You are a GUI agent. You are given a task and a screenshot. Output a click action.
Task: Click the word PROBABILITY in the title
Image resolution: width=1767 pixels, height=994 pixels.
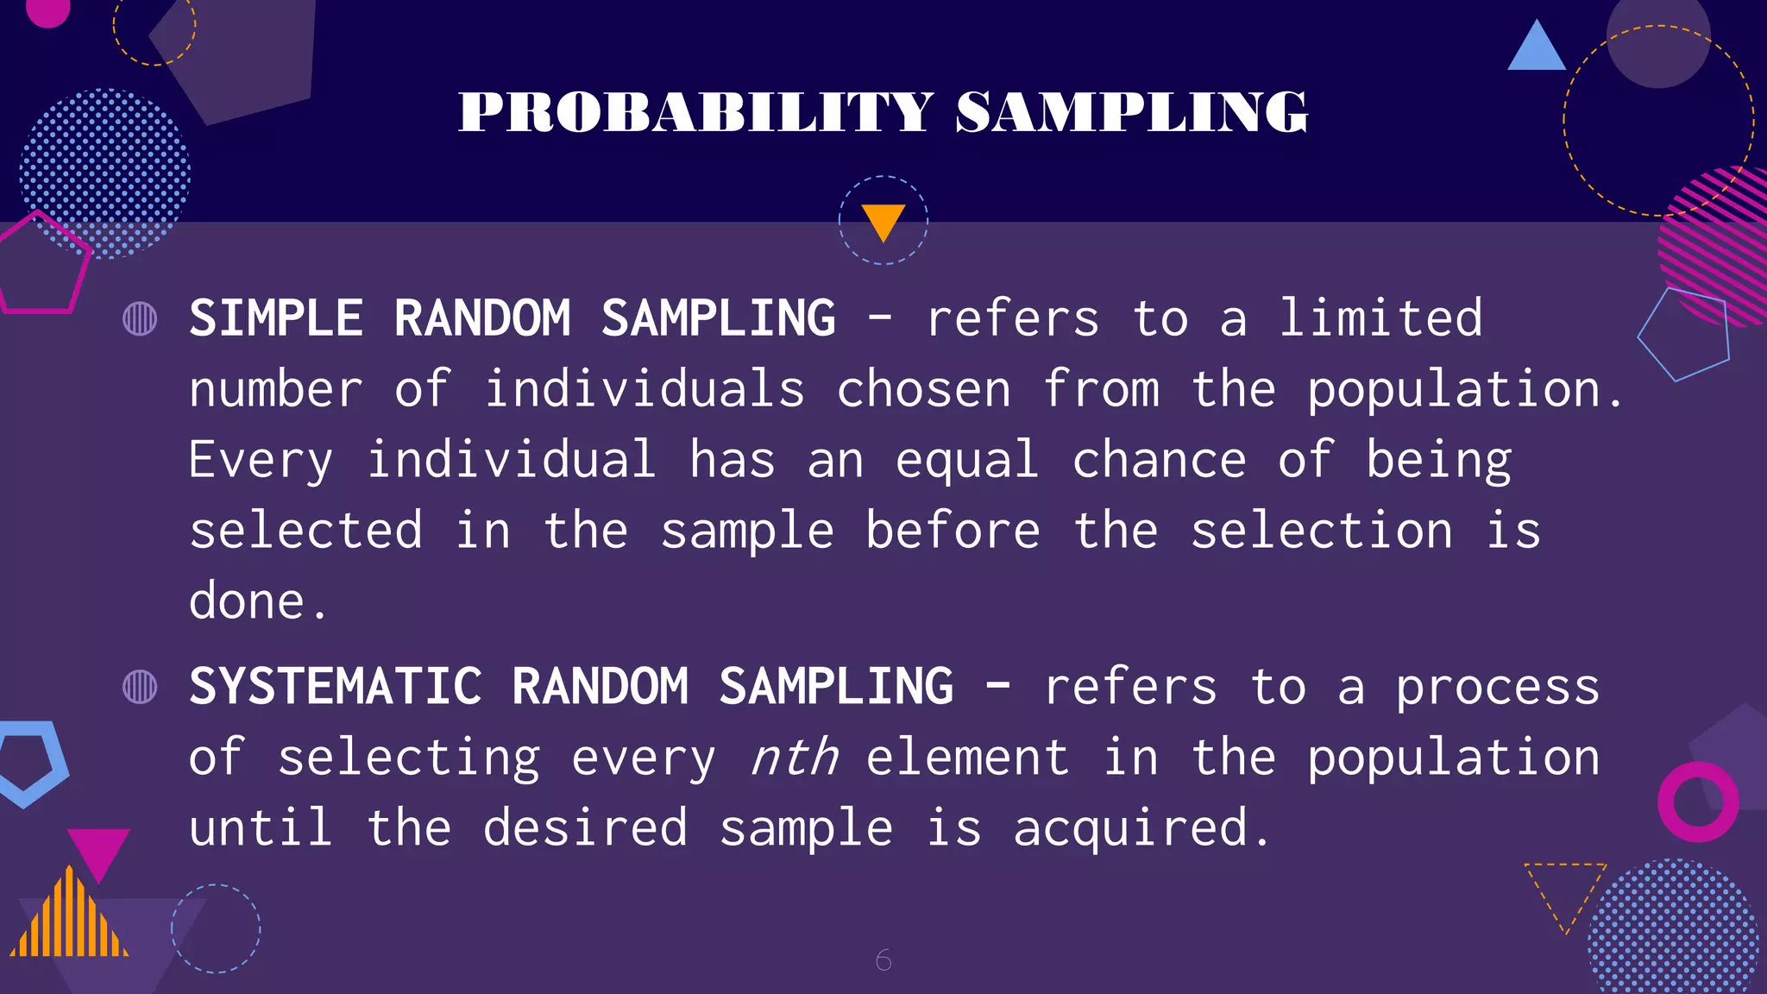coord(695,112)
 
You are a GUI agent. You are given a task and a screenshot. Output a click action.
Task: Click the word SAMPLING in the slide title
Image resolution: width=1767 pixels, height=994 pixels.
coord(1131,112)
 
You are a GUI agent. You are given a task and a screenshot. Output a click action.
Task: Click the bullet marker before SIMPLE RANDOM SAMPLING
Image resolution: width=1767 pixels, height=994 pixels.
coord(140,318)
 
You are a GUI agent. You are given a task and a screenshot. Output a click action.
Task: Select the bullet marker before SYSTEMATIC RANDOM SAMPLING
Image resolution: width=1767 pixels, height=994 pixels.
coord(140,687)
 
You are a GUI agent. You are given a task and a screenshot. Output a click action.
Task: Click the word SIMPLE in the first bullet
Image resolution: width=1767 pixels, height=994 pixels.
coord(276,318)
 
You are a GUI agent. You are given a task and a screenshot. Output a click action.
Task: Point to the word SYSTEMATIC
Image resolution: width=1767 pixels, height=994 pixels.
coord(336,687)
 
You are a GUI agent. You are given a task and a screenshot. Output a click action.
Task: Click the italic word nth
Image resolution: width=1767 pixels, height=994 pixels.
coord(794,758)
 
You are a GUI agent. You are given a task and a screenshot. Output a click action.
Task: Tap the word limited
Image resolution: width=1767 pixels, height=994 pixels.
coord(1380,318)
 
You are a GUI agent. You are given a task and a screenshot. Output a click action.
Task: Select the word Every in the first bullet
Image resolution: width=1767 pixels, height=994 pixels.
coord(261,460)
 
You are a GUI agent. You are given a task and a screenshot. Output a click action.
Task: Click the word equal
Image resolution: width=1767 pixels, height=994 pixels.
coord(966,460)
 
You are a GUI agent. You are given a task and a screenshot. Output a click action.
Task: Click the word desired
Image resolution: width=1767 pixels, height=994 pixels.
coord(585,828)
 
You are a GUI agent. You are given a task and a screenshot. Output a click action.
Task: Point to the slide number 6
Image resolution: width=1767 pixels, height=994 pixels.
coord(883,959)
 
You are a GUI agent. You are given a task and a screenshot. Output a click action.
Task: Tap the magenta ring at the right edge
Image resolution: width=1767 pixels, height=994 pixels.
coord(1698,802)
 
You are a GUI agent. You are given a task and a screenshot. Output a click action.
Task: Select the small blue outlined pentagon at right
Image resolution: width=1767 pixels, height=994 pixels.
coord(1684,334)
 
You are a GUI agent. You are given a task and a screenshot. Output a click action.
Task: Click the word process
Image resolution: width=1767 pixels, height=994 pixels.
coord(1498,689)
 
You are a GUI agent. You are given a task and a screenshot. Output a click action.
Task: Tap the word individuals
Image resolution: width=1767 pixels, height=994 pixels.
coord(645,389)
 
